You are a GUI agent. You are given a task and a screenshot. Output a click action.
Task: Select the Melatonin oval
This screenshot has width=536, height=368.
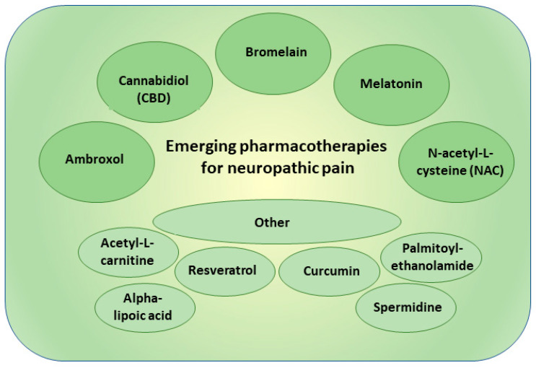pos(390,84)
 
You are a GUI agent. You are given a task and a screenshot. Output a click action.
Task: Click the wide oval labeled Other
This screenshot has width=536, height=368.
pos(271,222)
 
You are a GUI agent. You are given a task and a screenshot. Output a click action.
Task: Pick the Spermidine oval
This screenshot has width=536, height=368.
pos(408,307)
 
